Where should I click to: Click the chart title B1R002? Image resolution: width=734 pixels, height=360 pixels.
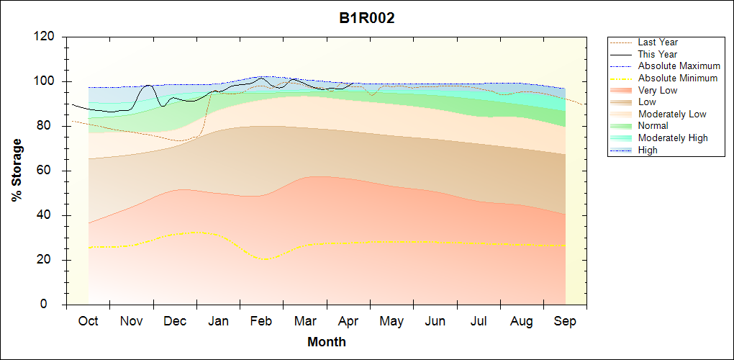367,19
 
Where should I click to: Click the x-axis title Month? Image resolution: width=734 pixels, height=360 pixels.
327,342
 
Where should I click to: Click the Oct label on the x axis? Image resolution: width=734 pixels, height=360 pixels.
89,321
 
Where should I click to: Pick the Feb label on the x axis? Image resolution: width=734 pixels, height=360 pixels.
261,321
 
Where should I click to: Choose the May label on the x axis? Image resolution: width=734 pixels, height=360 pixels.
391,321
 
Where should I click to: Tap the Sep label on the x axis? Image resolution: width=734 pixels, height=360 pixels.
565,321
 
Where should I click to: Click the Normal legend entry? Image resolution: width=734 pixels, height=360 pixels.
653,126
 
